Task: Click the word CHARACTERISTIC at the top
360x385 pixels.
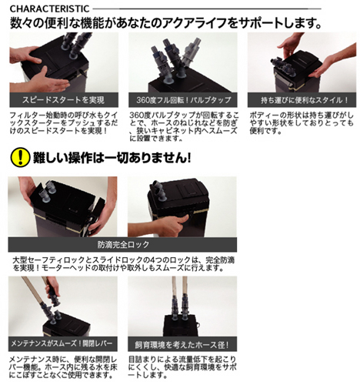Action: [x=49, y=9]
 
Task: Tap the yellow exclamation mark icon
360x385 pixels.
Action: [x=20, y=157]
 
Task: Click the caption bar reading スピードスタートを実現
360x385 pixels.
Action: [x=64, y=100]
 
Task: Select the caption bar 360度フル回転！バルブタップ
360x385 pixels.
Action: [x=183, y=100]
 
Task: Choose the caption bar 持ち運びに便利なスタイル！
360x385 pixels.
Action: [x=302, y=100]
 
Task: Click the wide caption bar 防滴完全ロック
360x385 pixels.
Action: [x=122, y=244]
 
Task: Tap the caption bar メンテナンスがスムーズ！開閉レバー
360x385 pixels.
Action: [x=63, y=343]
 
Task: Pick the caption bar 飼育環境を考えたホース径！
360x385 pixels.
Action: [x=182, y=344]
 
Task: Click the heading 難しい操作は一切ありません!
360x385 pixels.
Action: [x=112, y=157]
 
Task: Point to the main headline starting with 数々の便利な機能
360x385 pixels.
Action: [x=165, y=23]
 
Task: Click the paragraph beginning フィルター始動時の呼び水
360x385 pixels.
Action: [x=64, y=122]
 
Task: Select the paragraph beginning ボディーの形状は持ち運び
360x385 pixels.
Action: [x=302, y=123]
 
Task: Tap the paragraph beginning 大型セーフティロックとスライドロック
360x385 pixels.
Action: [x=123, y=264]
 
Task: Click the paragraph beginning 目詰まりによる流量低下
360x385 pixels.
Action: [x=182, y=367]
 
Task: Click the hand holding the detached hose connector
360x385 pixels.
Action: [x=52, y=290]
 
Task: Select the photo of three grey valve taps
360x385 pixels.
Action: [x=183, y=62]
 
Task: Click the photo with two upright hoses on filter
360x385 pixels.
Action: [x=182, y=306]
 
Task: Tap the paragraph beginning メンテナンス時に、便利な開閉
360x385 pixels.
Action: [x=63, y=367]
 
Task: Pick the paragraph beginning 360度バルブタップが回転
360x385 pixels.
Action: [x=183, y=126]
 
